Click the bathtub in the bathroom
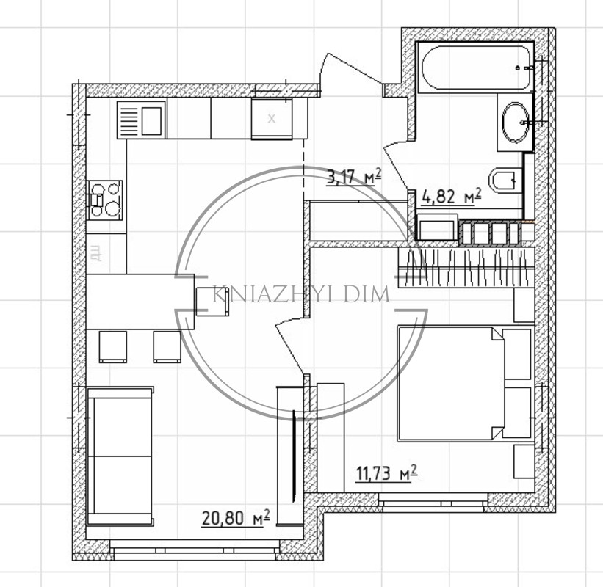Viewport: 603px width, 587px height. (476, 68)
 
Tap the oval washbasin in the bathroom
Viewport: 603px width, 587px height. (515, 122)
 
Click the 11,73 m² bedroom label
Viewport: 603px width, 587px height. (386, 473)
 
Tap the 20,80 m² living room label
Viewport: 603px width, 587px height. (235, 517)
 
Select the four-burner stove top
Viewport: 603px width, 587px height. (104, 200)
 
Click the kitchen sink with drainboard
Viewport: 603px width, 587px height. (141, 120)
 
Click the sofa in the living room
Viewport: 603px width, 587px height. (120, 456)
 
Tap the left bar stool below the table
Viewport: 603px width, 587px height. (113, 346)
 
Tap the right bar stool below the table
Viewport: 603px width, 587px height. (167, 346)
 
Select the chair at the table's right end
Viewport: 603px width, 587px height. (213, 302)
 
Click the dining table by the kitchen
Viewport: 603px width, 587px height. (140, 302)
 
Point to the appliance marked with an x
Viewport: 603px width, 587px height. (272, 118)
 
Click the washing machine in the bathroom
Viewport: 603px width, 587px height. (438, 227)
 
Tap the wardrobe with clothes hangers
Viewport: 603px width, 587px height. (466, 268)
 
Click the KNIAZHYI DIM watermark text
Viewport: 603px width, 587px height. (301, 295)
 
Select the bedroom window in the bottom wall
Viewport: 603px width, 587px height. (433, 503)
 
